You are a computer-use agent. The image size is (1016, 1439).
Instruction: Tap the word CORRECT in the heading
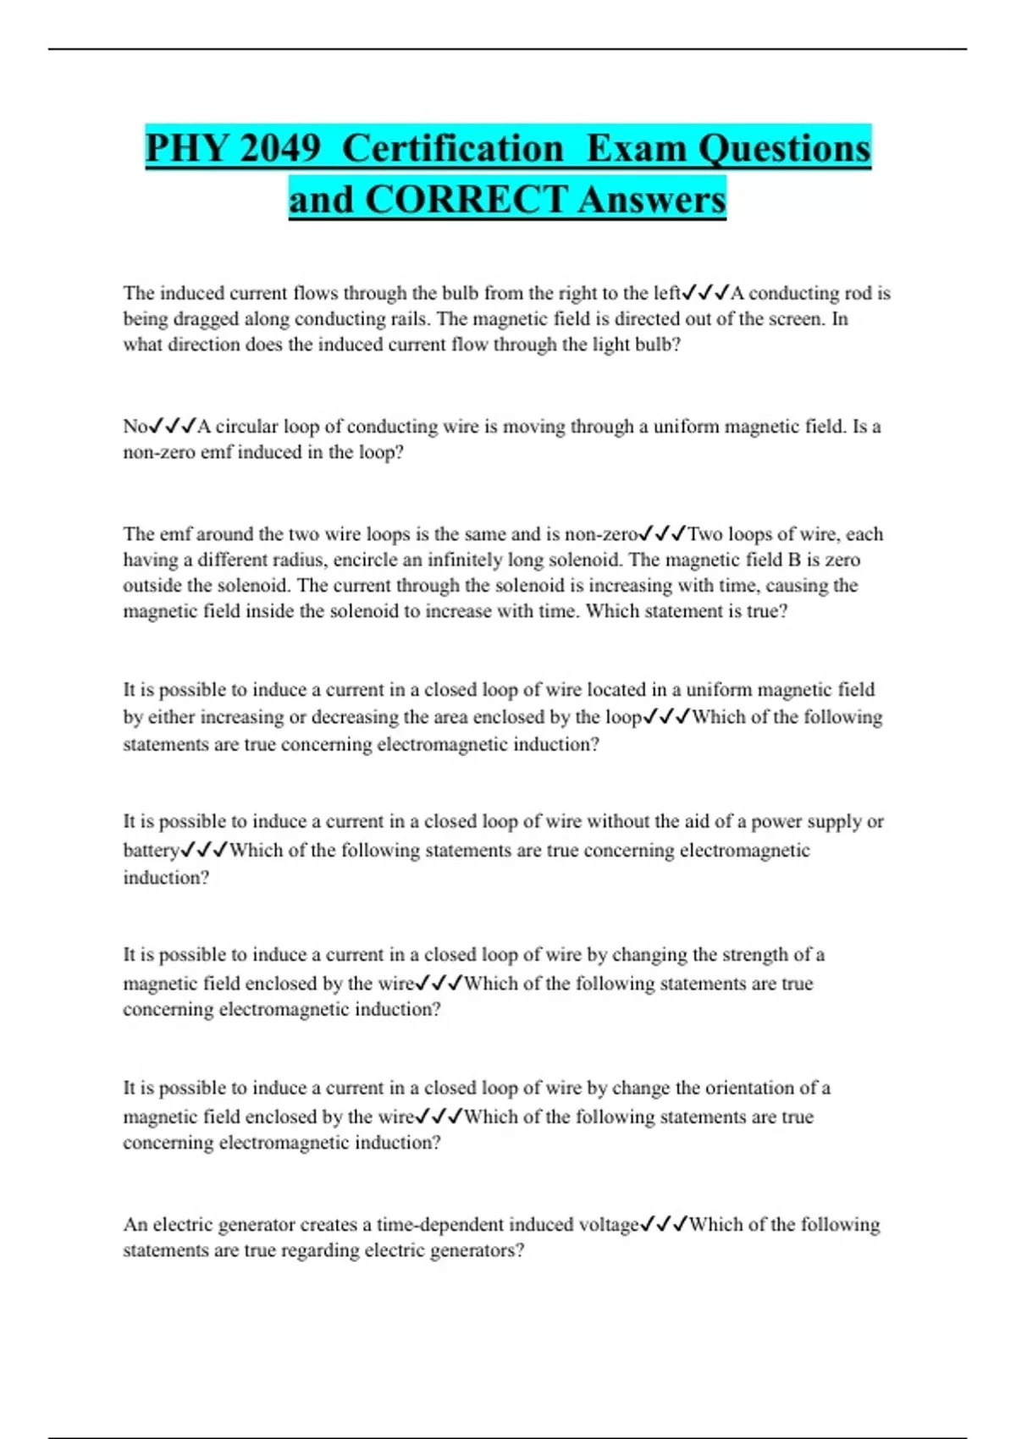466,200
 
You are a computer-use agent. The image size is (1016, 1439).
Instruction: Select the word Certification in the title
453,148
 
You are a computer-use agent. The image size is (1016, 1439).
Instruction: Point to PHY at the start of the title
187,148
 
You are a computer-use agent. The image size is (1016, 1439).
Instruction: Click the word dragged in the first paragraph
207,319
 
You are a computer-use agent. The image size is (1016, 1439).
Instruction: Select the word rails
411,319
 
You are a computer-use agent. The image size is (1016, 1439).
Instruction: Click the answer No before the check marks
135,427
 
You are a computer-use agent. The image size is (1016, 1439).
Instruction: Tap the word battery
151,851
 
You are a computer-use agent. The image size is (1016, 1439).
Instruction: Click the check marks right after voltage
664,1224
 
